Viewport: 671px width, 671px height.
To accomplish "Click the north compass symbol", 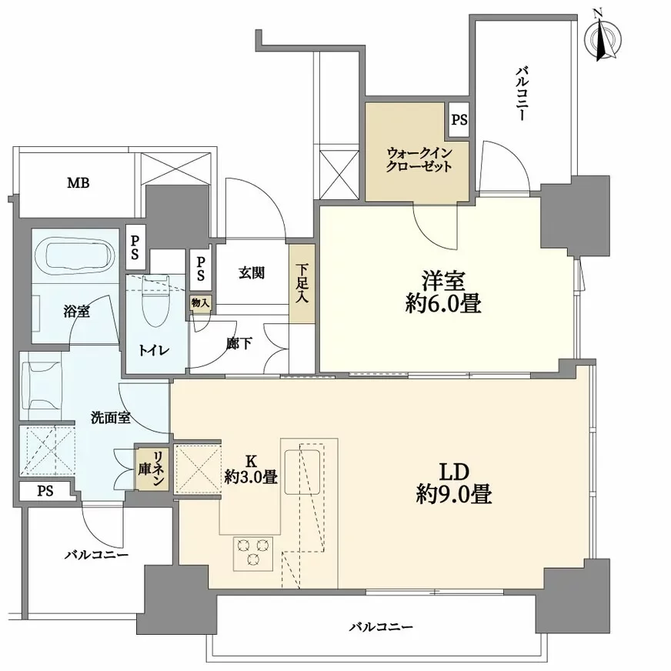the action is [603, 39].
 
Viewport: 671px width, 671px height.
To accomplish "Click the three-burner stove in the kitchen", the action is [253, 553].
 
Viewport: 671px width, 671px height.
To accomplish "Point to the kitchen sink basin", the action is [302, 472].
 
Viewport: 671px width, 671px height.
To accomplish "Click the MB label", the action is [78, 183].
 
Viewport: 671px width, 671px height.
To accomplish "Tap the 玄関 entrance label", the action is [252, 272].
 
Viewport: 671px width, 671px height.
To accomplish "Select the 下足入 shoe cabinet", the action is [302, 283].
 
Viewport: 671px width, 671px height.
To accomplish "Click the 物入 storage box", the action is [200, 303].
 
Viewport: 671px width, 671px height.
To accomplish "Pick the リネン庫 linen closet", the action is [152, 469].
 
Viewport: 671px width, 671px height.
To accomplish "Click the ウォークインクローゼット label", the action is [419, 159].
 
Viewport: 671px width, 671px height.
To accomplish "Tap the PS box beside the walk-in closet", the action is [459, 120].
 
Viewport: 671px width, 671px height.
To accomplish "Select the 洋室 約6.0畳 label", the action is [443, 292].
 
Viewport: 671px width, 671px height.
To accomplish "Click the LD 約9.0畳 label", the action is [454, 482].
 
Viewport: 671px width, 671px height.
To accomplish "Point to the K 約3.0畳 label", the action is [251, 469].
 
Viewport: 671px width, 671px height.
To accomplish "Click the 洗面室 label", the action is [110, 418].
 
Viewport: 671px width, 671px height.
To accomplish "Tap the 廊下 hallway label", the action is [239, 342].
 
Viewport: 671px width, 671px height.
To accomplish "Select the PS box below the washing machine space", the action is [45, 491].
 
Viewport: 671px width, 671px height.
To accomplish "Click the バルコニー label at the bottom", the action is [382, 628].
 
